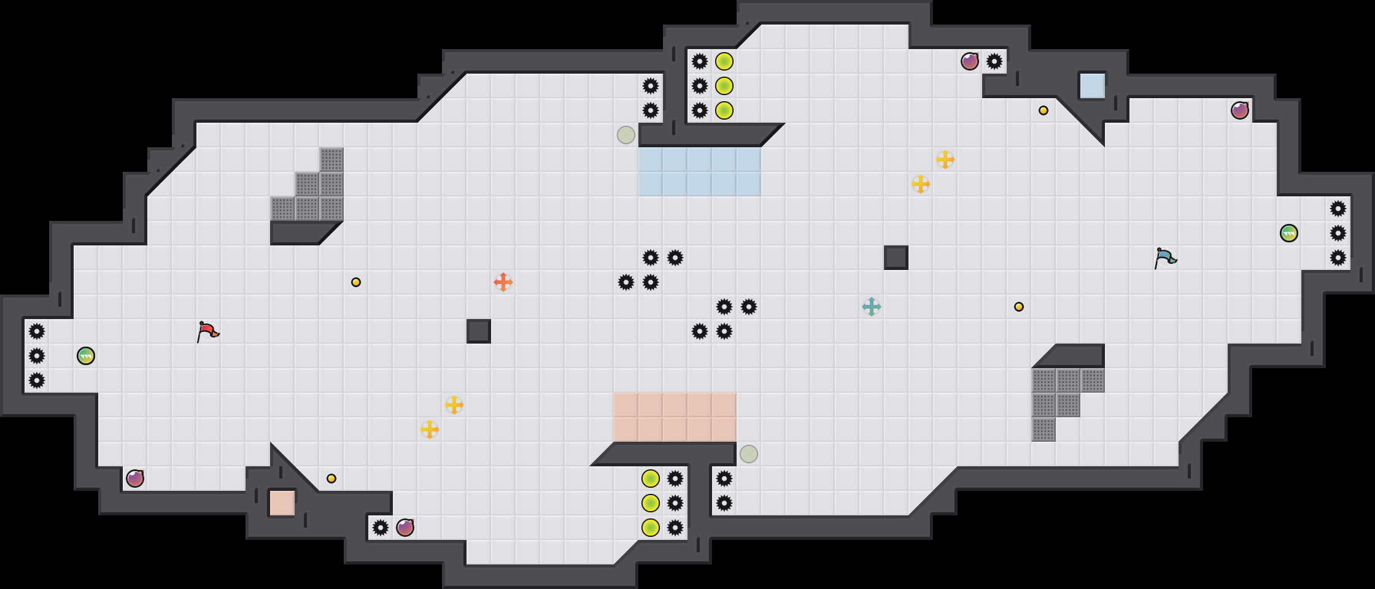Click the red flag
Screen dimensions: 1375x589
[x=207, y=331]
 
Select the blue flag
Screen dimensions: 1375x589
[x=1164, y=258]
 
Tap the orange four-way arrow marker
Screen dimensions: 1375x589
[x=503, y=282]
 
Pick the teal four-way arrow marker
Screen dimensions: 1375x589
[x=872, y=307]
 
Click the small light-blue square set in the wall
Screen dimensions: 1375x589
[x=1093, y=86]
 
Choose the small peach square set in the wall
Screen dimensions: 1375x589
[x=282, y=503]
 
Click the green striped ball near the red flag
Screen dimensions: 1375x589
[x=86, y=356]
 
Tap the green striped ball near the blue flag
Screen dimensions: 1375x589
[x=1289, y=233]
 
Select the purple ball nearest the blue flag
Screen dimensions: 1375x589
[x=1240, y=110]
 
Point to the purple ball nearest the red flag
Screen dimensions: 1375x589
[x=135, y=479]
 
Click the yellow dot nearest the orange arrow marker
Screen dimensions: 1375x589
[x=356, y=282]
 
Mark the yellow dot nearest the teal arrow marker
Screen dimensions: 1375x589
[x=1019, y=307]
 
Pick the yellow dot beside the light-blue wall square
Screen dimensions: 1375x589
[x=1044, y=110]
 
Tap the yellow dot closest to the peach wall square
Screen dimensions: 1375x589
[x=331, y=479]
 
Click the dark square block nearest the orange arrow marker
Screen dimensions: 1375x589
[x=479, y=331]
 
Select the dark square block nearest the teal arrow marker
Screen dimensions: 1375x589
[x=896, y=258]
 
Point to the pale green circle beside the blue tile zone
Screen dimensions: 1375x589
[x=626, y=135]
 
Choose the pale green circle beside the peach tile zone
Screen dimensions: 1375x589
[x=749, y=454]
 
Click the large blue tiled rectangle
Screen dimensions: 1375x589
[x=700, y=172]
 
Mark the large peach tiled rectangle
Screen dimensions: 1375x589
[x=675, y=417]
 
